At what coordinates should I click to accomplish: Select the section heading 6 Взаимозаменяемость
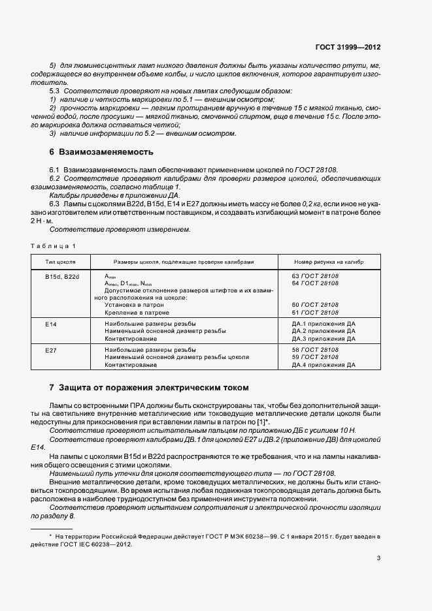[101, 153]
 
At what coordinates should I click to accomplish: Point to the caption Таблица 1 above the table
[54, 245]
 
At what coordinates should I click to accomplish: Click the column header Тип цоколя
[60, 261]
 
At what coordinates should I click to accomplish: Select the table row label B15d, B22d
[62, 276]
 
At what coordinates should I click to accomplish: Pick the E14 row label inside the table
[51, 324]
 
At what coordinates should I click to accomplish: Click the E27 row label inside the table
[51, 351]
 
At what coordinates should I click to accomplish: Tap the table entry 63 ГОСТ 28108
[315, 276]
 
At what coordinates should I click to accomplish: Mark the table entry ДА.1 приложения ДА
[324, 324]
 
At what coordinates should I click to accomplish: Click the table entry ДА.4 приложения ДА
[324, 365]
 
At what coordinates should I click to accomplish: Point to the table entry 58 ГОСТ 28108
[315, 351]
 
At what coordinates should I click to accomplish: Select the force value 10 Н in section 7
[348, 431]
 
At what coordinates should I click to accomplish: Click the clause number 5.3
[55, 91]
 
